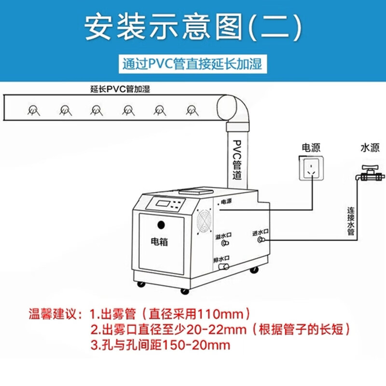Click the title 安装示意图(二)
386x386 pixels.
[x=193, y=27]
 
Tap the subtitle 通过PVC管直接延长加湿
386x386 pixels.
[x=192, y=64]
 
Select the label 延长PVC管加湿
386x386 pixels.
[x=120, y=89]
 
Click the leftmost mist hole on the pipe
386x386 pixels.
[x=33, y=110]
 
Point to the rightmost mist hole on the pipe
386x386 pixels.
[x=192, y=110]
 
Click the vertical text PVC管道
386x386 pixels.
[x=237, y=160]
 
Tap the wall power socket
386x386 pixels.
[x=311, y=168]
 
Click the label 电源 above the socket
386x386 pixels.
[x=311, y=148]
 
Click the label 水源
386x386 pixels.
[x=370, y=148]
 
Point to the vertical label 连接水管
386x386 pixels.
[x=351, y=221]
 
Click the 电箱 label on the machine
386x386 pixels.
[x=159, y=242]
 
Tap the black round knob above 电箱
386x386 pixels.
[x=161, y=225]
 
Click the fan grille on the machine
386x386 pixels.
[x=204, y=221]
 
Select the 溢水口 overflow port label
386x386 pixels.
[x=223, y=236]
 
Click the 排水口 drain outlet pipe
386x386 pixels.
[x=224, y=266]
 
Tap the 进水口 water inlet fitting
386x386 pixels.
[x=261, y=239]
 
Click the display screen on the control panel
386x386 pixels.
[x=163, y=204]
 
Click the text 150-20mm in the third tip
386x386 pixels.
[x=196, y=345]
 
